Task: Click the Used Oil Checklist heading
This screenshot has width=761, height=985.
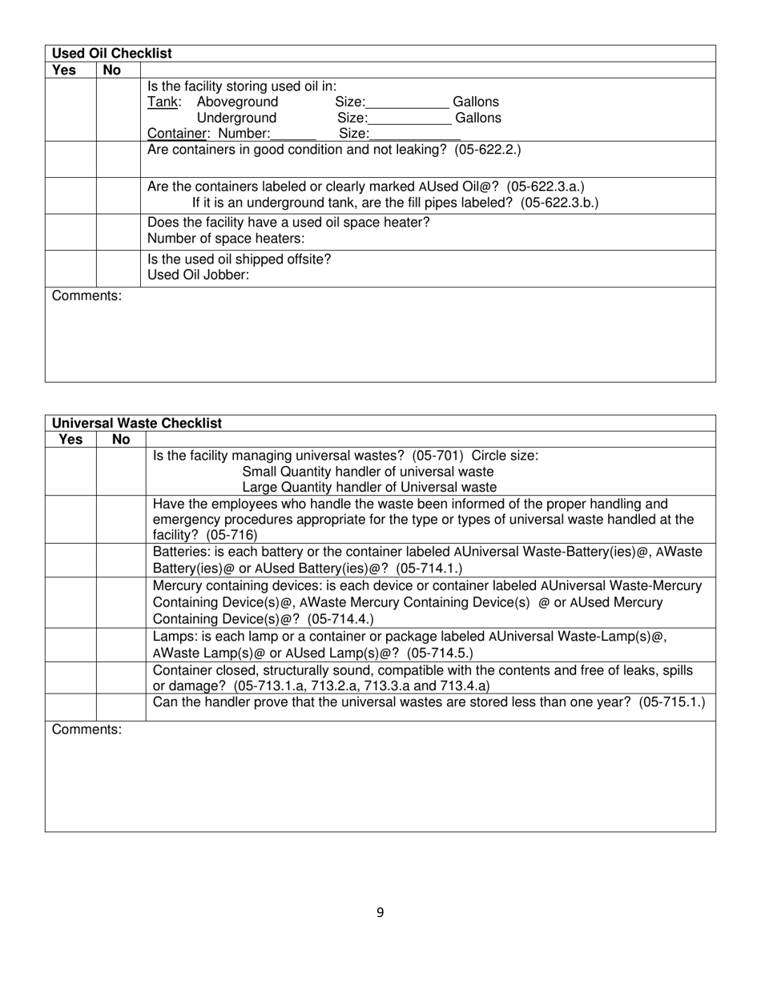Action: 111,54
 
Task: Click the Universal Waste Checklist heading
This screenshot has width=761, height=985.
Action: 137,423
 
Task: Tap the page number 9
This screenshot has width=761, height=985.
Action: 380,912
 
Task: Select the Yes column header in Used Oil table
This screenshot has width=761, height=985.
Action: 64,70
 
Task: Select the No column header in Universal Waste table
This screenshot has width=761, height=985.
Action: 121,440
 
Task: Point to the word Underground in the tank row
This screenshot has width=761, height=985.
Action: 236,118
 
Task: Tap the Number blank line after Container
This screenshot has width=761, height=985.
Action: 293,135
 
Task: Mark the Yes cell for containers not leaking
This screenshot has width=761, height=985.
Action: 70,159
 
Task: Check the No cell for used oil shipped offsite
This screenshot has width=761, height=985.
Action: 119,268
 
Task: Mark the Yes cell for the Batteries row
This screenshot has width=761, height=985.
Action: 70,560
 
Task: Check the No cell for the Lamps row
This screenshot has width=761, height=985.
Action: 121,645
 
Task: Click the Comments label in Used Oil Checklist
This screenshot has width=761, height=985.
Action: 87,296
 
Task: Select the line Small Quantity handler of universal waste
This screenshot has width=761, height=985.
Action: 368,472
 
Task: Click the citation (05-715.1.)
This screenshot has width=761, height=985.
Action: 673,702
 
